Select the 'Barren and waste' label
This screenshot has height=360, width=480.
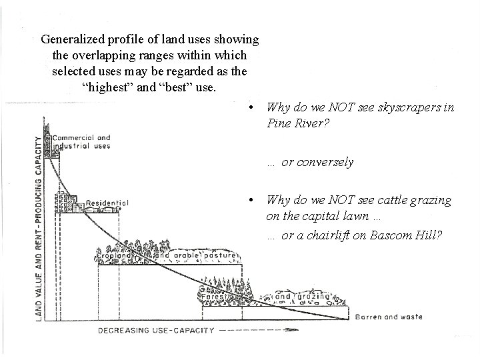pyautogui.click(x=389, y=317)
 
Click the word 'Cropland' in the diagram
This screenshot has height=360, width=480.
pyautogui.click(x=111, y=256)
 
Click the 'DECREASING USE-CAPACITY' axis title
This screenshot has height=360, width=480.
pyautogui.click(x=157, y=330)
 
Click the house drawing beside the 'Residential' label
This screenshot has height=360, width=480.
pyautogui.click(x=67, y=201)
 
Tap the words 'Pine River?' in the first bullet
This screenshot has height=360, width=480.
pyautogui.click(x=296, y=123)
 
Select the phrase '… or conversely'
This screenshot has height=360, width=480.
pyautogui.click(x=310, y=162)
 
